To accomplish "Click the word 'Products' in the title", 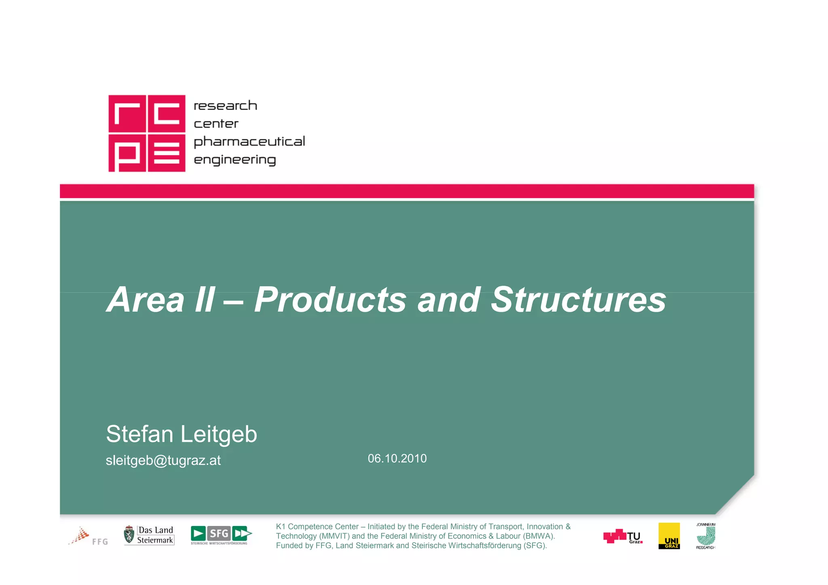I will (x=330, y=300).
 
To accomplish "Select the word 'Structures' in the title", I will (x=578, y=300).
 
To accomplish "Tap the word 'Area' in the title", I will (x=146, y=300).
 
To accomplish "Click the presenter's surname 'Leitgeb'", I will (x=219, y=434).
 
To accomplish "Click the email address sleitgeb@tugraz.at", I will (x=163, y=460).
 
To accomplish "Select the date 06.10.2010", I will (x=397, y=458).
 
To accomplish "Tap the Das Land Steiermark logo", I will (x=149, y=535).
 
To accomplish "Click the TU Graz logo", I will (x=623, y=536).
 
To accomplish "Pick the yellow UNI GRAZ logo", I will (x=669, y=536).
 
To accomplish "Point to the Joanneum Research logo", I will (x=705, y=536).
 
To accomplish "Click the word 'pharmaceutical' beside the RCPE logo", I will (x=249, y=142).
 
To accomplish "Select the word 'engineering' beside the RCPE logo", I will (x=235, y=160).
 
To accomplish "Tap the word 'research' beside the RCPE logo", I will (x=225, y=106).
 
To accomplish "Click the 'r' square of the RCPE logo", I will (x=127, y=114).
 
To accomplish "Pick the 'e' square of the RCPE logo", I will (x=167, y=153).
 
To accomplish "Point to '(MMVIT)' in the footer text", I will (x=334, y=536).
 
